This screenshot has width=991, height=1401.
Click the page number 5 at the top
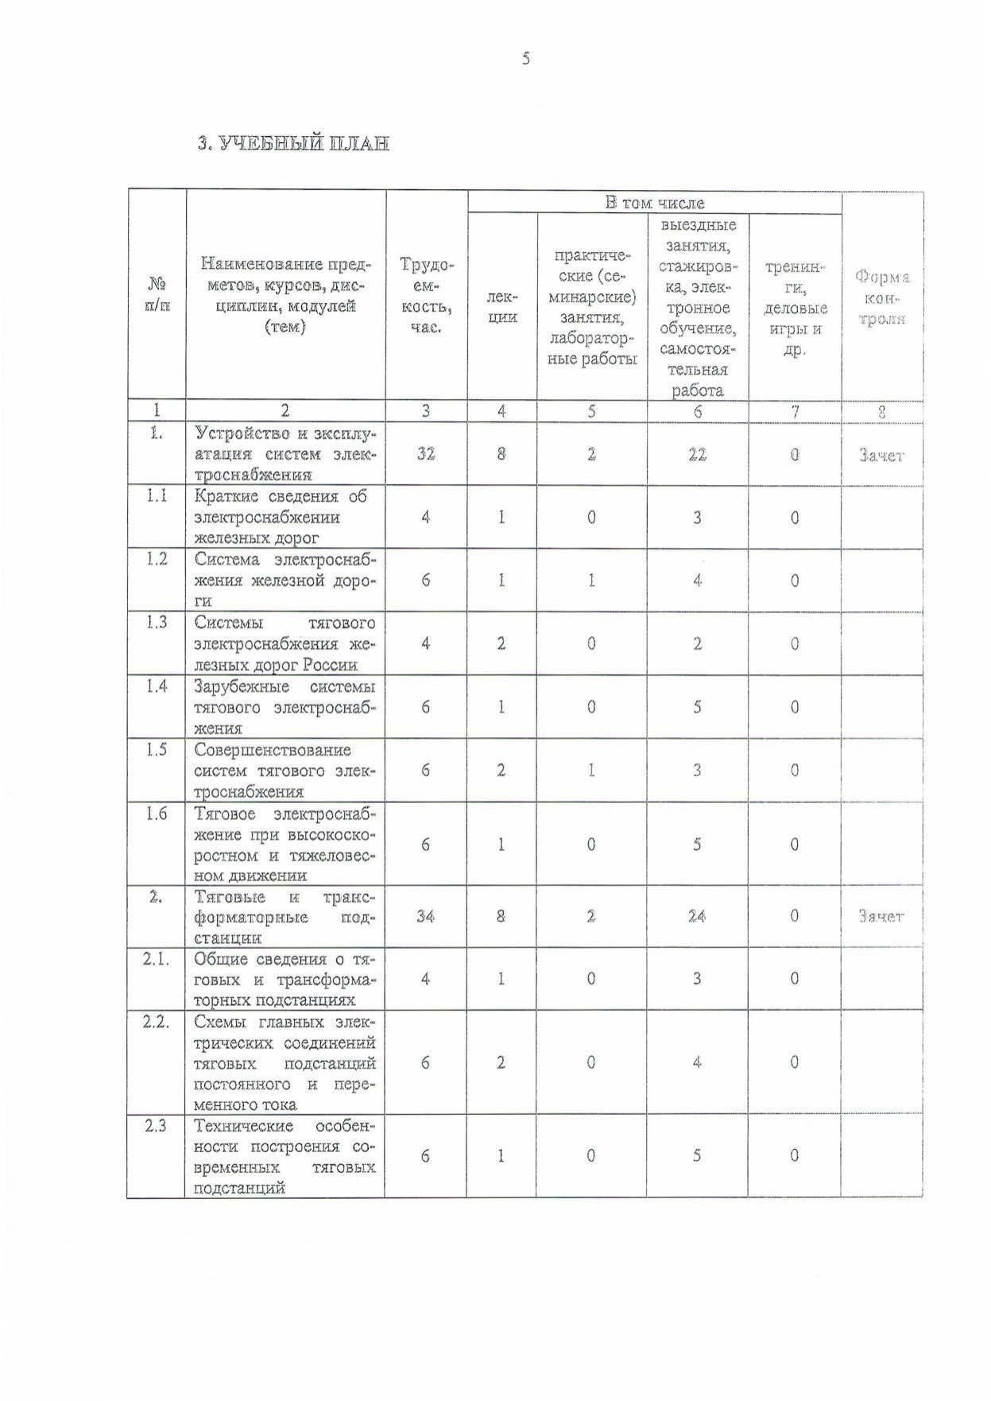tap(525, 58)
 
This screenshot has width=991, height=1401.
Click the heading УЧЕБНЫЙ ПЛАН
tap(293, 143)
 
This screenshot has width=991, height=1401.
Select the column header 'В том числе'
tap(654, 203)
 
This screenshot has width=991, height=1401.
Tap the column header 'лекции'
tap(501, 307)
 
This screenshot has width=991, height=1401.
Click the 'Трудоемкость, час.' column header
tap(426, 296)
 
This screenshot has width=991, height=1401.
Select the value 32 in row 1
tap(426, 454)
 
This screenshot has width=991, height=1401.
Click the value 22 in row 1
tap(697, 454)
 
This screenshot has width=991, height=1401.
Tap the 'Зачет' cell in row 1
tap(881, 456)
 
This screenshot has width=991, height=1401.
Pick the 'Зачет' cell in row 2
tap(881, 916)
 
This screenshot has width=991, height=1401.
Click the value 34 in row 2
tap(426, 916)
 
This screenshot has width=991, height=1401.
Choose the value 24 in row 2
tap(697, 916)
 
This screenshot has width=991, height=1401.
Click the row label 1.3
tap(157, 622)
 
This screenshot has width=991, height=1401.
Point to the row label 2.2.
tap(157, 1022)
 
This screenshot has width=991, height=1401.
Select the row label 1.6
tap(157, 813)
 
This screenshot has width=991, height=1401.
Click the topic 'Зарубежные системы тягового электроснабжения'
tap(285, 707)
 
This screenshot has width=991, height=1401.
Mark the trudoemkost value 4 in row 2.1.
tap(426, 979)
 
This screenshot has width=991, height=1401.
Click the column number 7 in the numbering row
tap(794, 411)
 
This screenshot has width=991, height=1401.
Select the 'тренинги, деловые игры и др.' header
tap(795, 308)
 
